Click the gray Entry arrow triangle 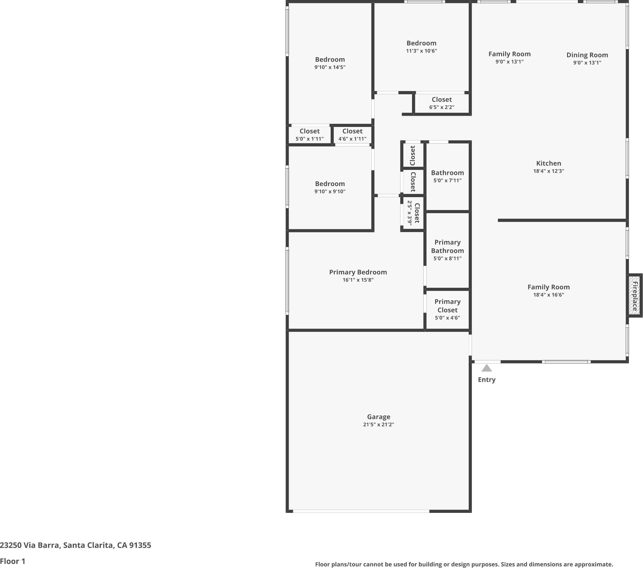tap(486, 368)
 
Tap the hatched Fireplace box tap(634, 295)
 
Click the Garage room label tap(378, 417)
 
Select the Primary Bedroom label tap(358, 272)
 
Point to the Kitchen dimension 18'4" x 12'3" tap(548, 171)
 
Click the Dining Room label tap(587, 55)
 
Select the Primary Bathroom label tap(447, 246)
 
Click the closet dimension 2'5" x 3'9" tap(409, 213)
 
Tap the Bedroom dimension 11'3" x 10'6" tap(421, 51)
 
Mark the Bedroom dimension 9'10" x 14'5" tap(330, 67)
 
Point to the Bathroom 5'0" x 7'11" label tap(447, 173)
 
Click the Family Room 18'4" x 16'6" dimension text tap(548, 295)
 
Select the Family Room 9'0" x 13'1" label tap(509, 54)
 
